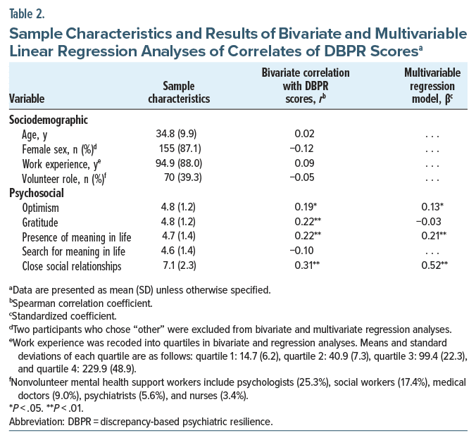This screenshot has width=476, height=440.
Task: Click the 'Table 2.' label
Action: coord(29,11)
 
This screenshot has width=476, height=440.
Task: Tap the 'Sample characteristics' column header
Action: coord(179,92)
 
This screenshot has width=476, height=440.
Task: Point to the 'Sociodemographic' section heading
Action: coord(48,119)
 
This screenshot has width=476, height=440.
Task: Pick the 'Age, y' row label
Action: coord(37,133)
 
